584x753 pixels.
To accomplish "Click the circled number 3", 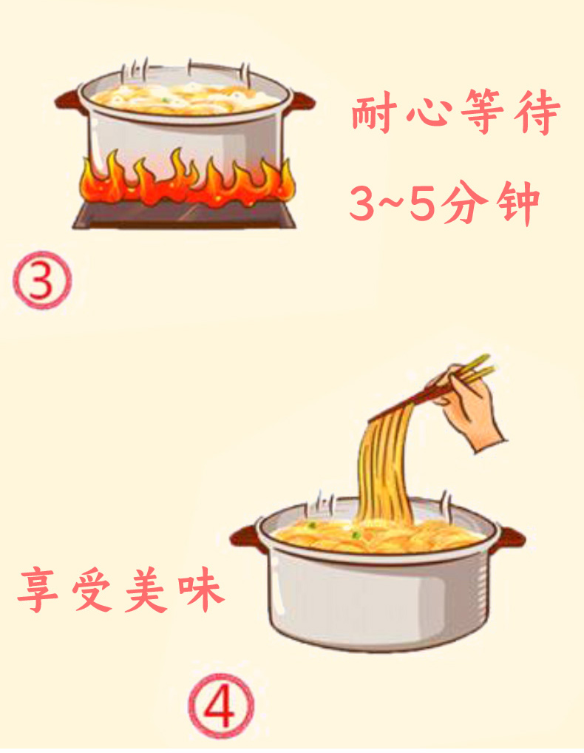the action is click(42, 280).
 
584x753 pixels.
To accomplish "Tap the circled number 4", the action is click(221, 706).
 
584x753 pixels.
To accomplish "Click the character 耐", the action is click(373, 114).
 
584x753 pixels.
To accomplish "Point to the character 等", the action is click(482, 113).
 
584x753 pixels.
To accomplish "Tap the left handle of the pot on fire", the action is click(70, 101).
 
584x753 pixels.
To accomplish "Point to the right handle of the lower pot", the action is click(511, 537).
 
